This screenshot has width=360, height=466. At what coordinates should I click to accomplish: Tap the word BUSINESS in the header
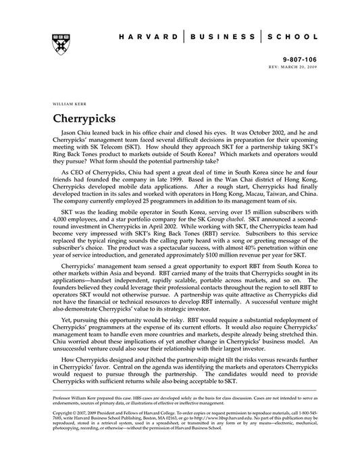pyautogui.click(x=216, y=37)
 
